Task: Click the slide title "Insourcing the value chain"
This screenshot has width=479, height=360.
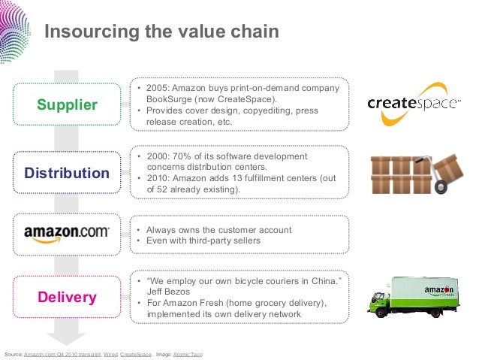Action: (x=161, y=32)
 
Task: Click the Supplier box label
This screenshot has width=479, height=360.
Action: (x=68, y=105)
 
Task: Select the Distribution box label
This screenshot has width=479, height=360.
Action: (x=67, y=174)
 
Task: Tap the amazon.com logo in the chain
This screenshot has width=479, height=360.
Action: (x=67, y=232)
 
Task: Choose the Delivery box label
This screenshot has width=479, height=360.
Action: (x=68, y=298)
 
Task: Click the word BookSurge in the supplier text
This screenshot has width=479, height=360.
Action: (x=170, y=100)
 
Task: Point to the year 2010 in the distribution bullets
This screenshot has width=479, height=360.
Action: (x=158, y=178)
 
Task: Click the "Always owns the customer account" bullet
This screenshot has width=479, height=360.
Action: (x=218, y=230)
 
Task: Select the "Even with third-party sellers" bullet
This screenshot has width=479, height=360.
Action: (x=203, y=241)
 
